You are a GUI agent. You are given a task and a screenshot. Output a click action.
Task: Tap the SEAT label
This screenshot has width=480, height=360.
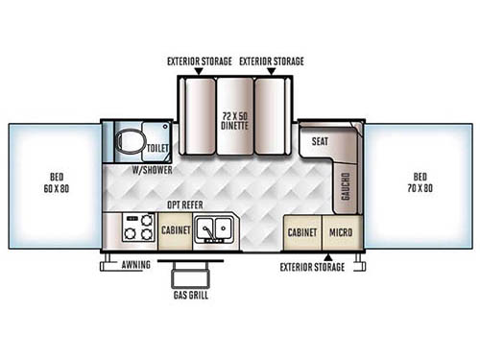(321, 141)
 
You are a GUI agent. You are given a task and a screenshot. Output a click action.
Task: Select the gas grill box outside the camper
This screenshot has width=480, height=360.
(191, 276)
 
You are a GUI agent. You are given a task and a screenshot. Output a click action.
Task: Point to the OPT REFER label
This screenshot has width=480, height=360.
(183, 205)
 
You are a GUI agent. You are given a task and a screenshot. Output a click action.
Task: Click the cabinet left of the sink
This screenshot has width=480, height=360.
(174, 232)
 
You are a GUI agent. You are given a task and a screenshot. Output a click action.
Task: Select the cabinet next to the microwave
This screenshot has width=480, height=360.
(301, 232)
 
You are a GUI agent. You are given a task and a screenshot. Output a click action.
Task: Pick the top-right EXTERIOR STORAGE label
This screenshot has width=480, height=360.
(272, 61)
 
